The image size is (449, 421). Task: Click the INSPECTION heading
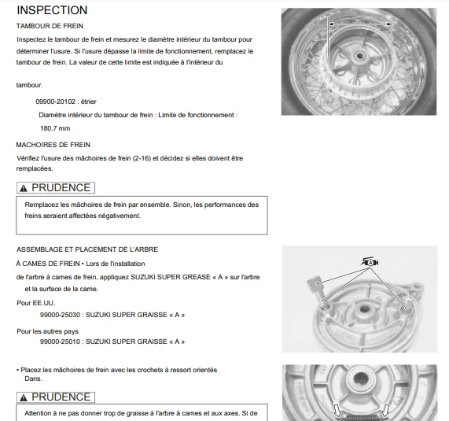click(52, 10)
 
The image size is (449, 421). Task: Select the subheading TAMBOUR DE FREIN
click(50, 26)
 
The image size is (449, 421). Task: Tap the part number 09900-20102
click(55, 102)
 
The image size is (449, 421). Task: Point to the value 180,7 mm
click(55, 128)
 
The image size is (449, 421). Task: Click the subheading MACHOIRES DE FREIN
click(53, 145)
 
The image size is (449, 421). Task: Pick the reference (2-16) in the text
click(142, 158)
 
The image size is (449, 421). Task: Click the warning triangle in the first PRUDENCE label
click(24, 188)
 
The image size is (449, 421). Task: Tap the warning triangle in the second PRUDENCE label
click(24, 397)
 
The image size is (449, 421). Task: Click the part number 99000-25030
click(60, 315)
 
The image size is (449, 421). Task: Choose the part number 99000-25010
click(60, 342)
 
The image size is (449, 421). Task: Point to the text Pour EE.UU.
click(36, 303)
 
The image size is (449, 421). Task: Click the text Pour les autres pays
click(47, 331)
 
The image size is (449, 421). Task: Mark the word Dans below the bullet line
click(33, 379)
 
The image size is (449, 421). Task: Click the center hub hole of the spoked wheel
click(359, 56)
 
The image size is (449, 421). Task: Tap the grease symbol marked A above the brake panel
click(370, 262)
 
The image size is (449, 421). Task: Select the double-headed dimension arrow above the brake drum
click(360, 24)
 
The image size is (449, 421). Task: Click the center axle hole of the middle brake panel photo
click(364, 309)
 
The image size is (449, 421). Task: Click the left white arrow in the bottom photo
click(337, 411)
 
